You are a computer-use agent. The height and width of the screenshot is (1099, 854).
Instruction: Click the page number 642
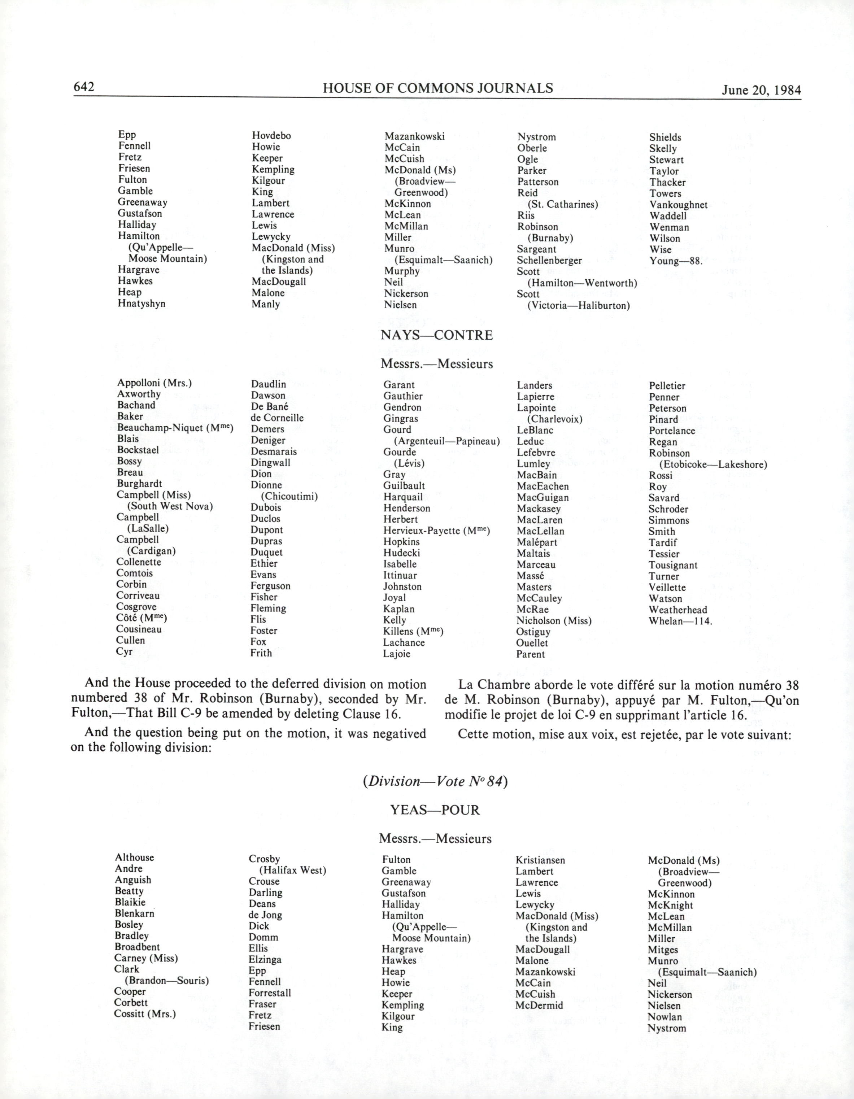click(x=84, y=87)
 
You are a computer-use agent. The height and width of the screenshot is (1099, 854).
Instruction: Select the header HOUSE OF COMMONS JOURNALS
click(x=438, y=88)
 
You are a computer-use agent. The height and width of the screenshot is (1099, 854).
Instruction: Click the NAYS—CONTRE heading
click(x=436, y=335)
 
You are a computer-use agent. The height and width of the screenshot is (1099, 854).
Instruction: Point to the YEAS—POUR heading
click(x=435, y=810)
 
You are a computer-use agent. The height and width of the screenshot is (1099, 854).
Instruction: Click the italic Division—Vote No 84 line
click(x=435, y=781)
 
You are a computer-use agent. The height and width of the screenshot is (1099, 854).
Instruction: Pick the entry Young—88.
click(x=675, y=261)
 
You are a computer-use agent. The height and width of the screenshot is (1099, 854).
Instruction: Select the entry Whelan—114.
click(x=680, y=621)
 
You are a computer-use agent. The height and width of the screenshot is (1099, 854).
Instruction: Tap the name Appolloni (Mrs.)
click(x=154, y=383)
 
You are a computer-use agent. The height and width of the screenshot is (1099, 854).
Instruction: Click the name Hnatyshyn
click(x=141, y=304)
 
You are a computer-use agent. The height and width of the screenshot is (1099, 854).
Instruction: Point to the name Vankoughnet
click(x=678, y=205)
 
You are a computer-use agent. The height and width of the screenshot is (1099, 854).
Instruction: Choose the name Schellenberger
click(x=549, y=260)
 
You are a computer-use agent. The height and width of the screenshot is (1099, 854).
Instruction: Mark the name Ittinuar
click(x=400, y=575)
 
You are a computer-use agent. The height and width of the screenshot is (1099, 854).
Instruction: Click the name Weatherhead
click(x=678, y=610)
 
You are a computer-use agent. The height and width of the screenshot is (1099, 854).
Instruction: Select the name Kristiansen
click(x=540, y=860)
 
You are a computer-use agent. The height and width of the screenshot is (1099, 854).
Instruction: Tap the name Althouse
click(x=134, y=858)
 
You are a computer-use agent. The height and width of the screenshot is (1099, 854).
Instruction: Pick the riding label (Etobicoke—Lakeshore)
click(x=713, y=465)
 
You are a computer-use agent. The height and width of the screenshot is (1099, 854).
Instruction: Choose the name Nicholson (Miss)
click(x=554, y=621)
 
